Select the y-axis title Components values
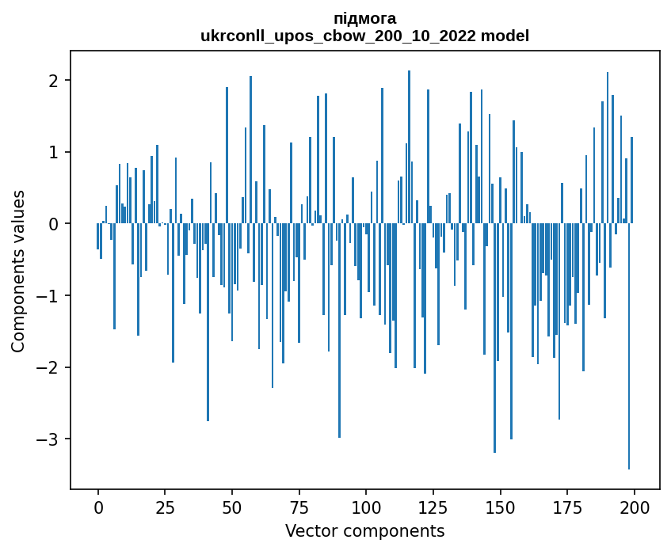coord(18,271)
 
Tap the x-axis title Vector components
coord(364,530)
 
